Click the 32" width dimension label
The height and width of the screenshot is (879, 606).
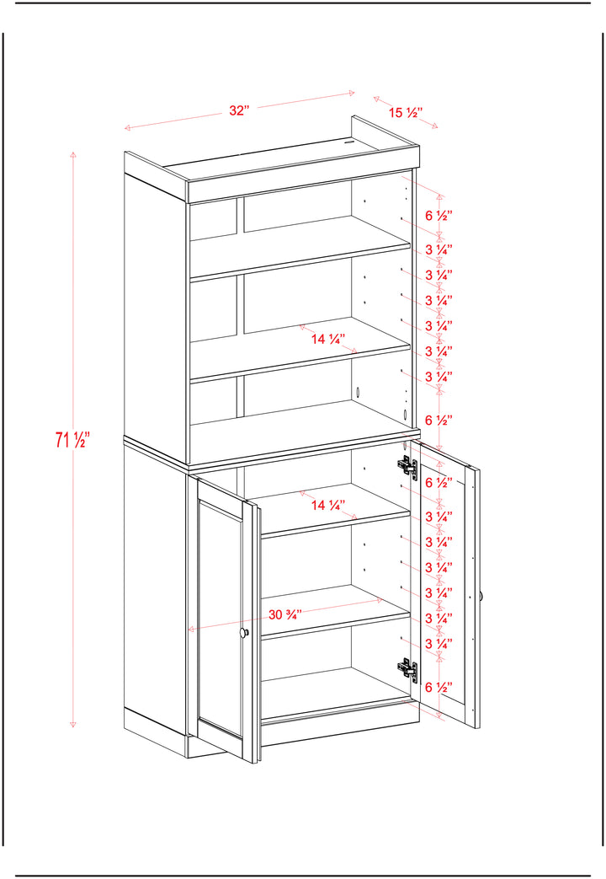point(238,110)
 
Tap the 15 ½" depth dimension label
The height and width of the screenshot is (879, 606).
point(405,113)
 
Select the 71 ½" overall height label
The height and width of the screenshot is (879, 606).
point(72,440)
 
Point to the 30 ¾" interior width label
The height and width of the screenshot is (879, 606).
point(285,614)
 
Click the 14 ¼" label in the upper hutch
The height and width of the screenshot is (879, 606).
point(328,339)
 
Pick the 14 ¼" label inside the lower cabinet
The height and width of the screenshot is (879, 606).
point(328,505)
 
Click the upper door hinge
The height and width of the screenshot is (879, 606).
point(407,466)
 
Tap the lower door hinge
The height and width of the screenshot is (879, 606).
point(407,669)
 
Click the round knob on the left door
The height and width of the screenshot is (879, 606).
point(244,633)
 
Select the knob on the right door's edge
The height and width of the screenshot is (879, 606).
point(481,597)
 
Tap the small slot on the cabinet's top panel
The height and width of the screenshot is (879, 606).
point(349,142)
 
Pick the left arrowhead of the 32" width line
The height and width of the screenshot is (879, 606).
point(127,128)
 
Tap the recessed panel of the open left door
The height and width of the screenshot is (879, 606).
point(221,619)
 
